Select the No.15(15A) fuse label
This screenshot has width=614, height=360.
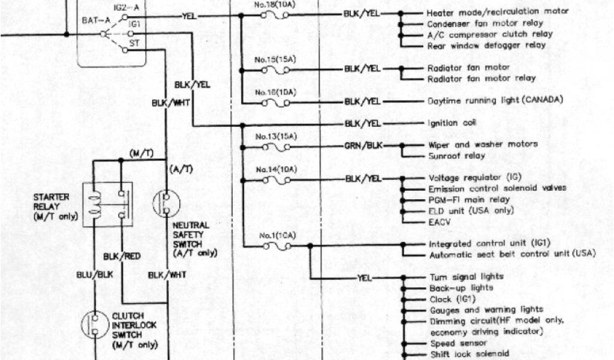coord(275,59)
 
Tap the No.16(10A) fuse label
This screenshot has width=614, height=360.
coord(275,92)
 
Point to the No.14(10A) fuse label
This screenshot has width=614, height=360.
coord(275,170)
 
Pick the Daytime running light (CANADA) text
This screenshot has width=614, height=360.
coord(495,100)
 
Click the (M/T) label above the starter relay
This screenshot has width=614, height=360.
coord(141,154)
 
